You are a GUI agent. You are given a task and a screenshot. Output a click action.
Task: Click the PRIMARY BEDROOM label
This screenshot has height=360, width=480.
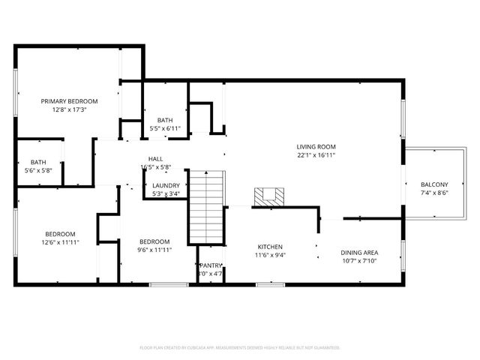pyautogui.click(x=69, y=101)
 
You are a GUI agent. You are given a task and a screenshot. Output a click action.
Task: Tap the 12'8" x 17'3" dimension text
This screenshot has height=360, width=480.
pyautogui.click(x=69, y=110)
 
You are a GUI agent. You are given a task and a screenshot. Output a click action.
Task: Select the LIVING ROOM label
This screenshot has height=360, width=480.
pyautogui.click(x=315, y=147)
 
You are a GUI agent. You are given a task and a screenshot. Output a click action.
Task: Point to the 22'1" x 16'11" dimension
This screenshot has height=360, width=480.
pyautogui.click(x=315, y=156)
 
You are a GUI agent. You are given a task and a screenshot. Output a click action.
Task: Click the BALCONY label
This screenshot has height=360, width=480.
pyautogui.click(x=434, y=184)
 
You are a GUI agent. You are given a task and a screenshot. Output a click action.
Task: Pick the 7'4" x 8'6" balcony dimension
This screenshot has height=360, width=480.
pyautogui.click(x=434, y=193)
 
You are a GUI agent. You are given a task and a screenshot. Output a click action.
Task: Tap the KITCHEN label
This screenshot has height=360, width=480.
pyautogui.click(x=270, y=246)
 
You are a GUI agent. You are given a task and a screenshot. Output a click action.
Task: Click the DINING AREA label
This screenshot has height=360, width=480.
pyautogui.click(x=359, y=253)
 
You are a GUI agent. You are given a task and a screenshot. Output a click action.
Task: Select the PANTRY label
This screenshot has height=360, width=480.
pyautogui.click(x=210, y=265)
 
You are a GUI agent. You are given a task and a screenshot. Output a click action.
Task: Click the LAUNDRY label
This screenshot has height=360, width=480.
pyautogui.click(x=166, y=185)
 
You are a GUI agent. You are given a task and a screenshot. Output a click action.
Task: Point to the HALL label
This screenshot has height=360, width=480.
pyautogui.click(x=155, y=158)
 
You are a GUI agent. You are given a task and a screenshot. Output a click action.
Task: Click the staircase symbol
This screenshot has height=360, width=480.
pyautogui.click(x=205, y=206)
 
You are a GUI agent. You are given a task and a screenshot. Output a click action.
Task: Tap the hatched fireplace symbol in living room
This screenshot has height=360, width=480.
pyautogui.click(x=269, y=196)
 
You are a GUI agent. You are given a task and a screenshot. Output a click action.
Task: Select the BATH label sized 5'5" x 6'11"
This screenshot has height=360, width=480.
pyautogui.click(x=165, y=120)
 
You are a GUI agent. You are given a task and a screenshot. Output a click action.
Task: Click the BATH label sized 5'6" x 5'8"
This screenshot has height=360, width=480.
pyautogui.click(x=37, y=162)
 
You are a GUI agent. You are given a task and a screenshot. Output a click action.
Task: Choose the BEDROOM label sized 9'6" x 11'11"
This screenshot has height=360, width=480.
pyautogui.click(x=154, y=241)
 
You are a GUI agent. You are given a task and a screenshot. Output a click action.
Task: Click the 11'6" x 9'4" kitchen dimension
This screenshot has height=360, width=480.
pyautogui.click(x=270, y=255)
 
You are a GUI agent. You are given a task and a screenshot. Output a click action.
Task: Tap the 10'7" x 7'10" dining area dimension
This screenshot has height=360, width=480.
pyautogui.click(x=359, y=262)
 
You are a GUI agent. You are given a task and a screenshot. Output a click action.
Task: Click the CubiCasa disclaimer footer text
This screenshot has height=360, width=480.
pyautogui.click(x=240, y=347)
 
